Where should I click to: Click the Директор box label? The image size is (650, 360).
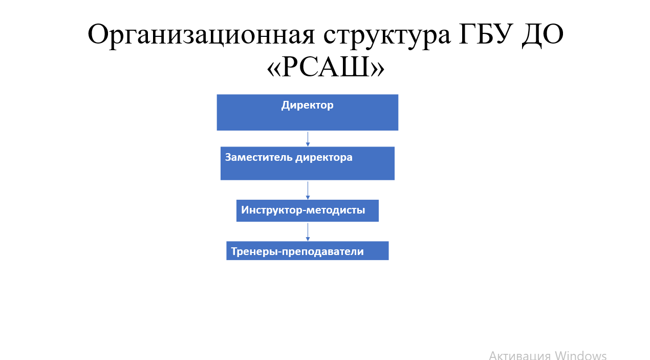pyautogui.click(x=307, y=105)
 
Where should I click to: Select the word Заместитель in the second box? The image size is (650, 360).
pyautogui.click(x=258, y=157)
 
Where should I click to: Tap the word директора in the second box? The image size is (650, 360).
pyautogui.click(x=324, y=158)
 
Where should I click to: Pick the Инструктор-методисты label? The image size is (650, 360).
pyautogui.click(x=303, y=210)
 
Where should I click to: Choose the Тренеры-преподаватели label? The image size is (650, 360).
pyautogui.click(x=297, y=251)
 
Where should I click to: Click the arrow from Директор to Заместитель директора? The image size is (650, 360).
pyautogui.click(x=308, y=139)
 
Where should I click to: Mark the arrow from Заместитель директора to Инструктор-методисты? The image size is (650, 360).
pyautogui.click(x=308, y=190)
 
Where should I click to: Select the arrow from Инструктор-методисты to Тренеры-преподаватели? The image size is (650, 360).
pyautogui.click(x=308, y=232)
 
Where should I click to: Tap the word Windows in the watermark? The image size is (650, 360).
pyautogui.click(x=581, y=355)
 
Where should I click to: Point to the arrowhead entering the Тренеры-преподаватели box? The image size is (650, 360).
pyautogui.click(x=308, y=239)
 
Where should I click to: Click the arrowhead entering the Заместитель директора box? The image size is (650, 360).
pyautogui.click(x=308, y=144)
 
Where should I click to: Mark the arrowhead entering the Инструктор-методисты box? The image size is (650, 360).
pyautogui.click(x=308, y=198)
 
